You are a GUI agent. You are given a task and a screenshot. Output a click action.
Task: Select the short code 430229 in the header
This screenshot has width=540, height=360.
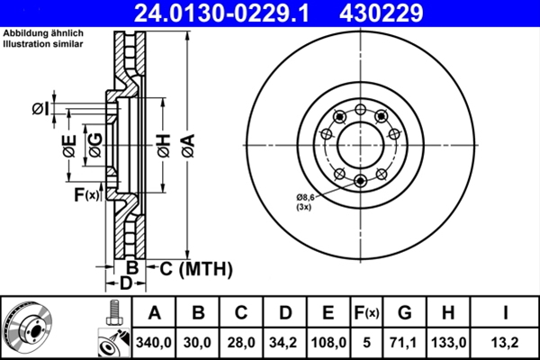click(404, 13)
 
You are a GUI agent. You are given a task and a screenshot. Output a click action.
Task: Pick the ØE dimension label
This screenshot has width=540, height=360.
click(68, 146)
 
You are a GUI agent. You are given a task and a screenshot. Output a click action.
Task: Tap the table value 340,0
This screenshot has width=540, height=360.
click(154, 342)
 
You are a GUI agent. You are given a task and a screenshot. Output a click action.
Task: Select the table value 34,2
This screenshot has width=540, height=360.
click(285, 342)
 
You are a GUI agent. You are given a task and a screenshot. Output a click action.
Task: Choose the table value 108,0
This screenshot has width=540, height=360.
click(328, 342)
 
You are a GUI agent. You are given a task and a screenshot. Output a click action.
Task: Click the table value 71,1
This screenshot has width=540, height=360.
click(405, 342)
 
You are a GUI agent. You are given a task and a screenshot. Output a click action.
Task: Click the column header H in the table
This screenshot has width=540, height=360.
click(447, 313)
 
